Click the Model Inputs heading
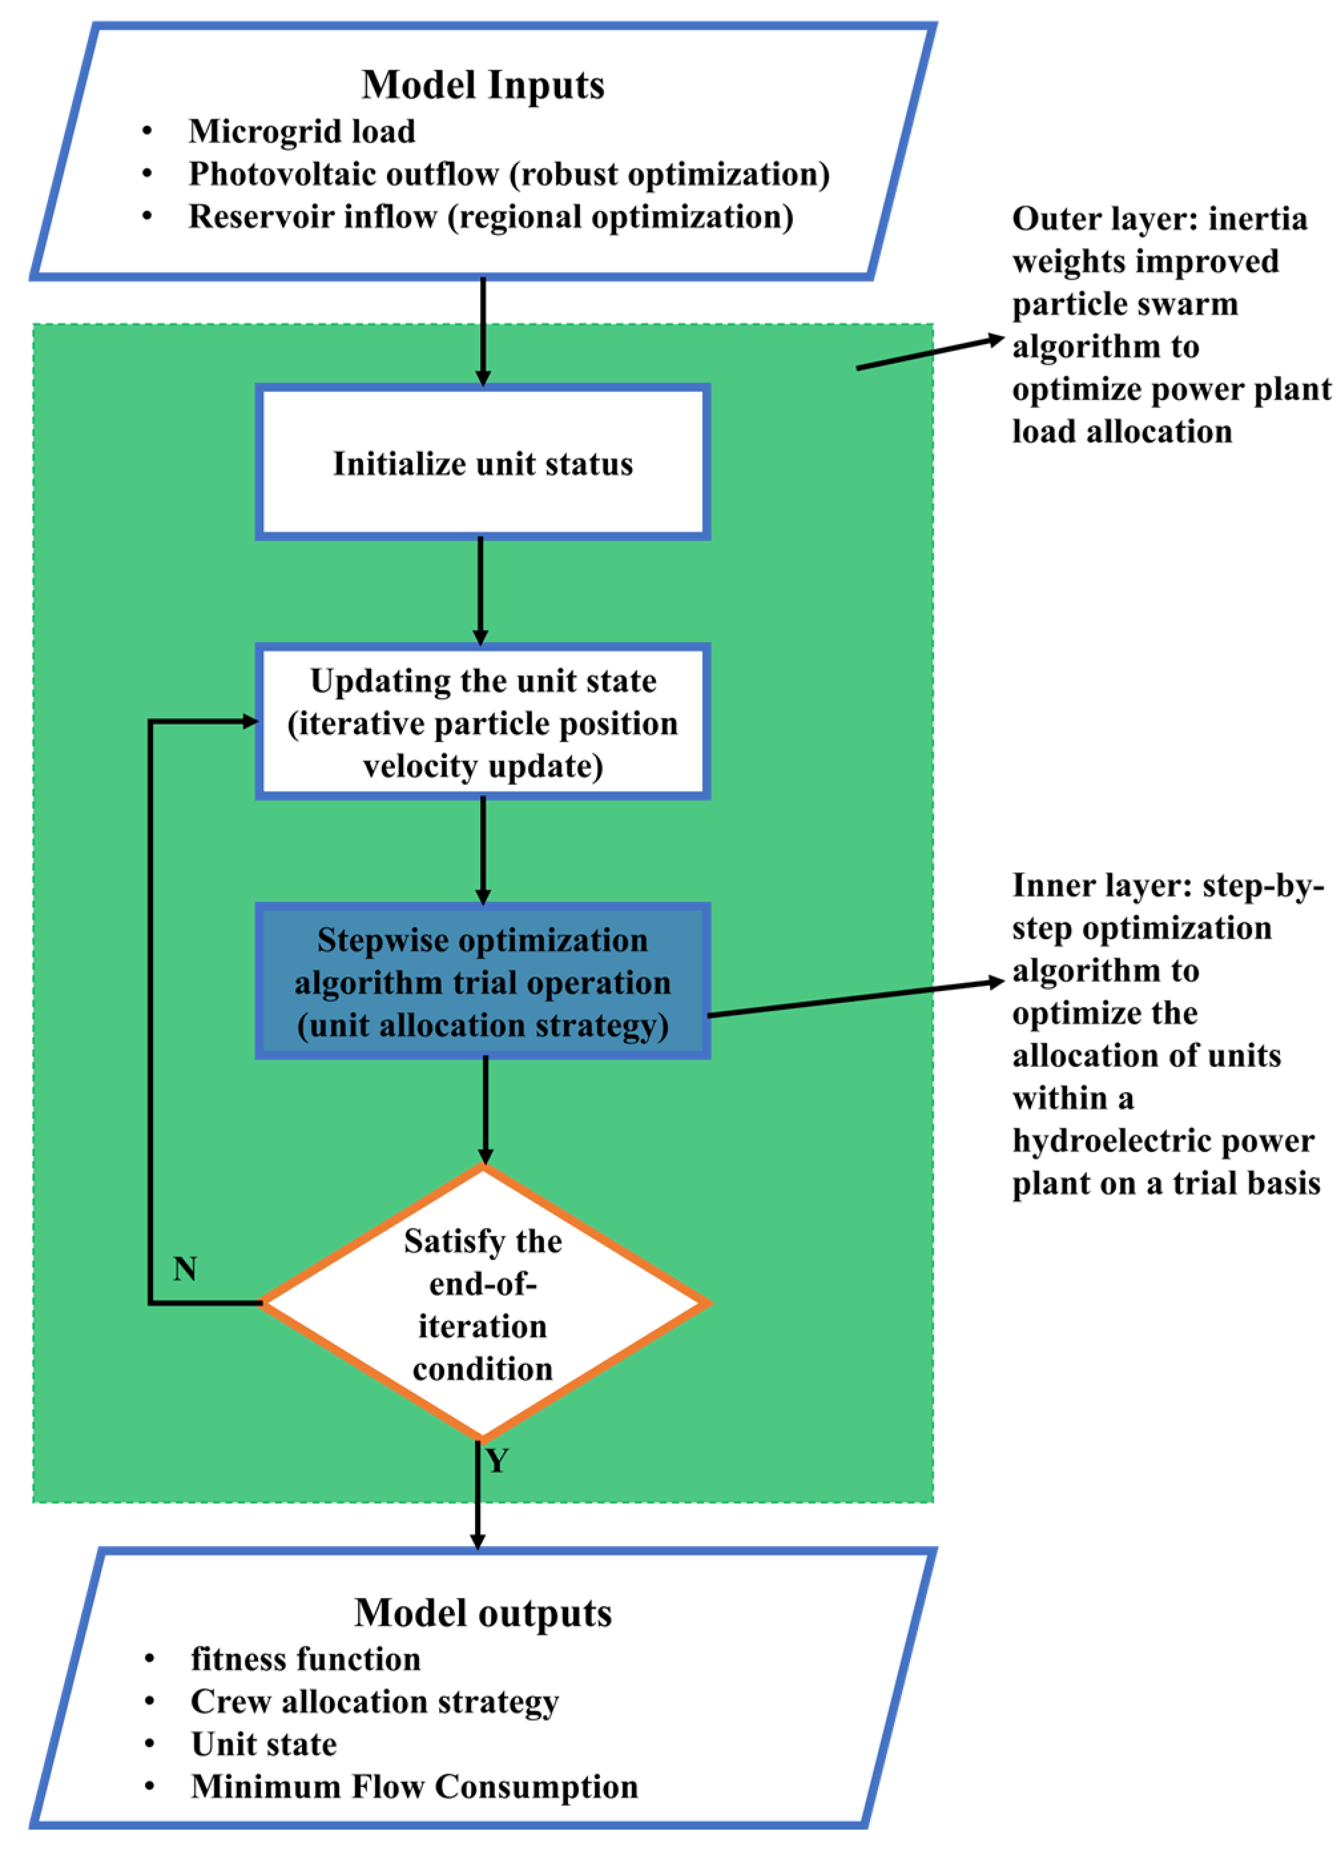(483, 85)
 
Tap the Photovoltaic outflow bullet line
(509, 174)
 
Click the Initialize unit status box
(483, 463)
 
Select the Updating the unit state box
(483, 723)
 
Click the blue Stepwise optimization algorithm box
(483, 982)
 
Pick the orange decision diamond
(483, 1305)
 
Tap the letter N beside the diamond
(184, 1269)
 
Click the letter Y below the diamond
(498, 1460)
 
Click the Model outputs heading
(483, 1613)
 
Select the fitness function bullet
(305, 1659)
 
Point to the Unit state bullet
(264, 1745)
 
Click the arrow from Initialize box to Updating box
(480, 590)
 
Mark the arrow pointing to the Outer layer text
(929, 353)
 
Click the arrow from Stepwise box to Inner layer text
(855, 998)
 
